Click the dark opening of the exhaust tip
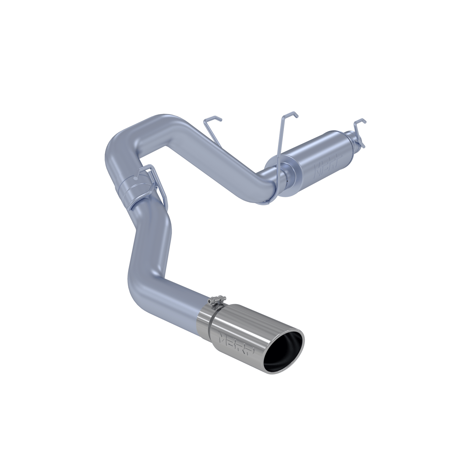tap(285, 349)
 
